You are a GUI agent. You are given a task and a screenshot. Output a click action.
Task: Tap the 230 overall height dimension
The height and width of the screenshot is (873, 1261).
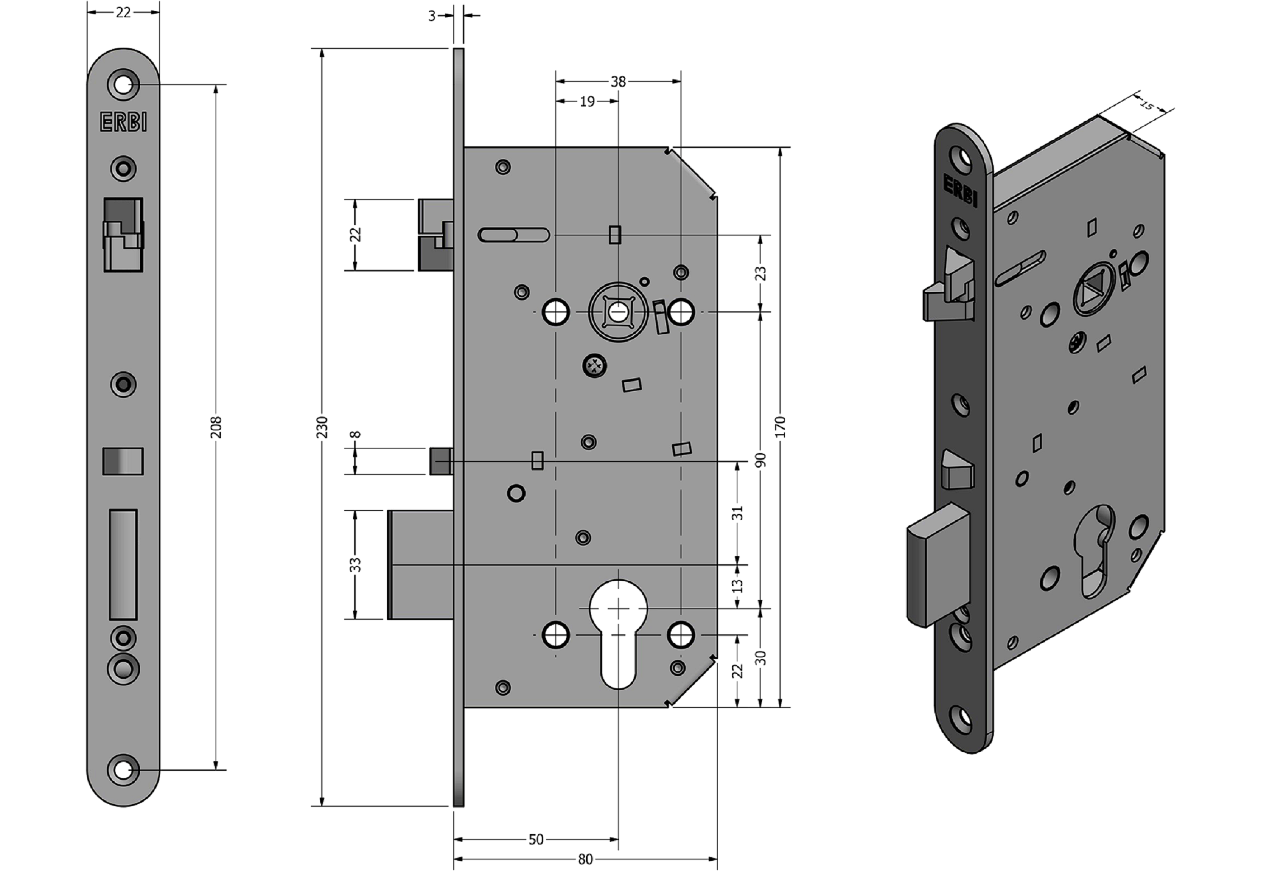pyautogui.click(x=323, y=427)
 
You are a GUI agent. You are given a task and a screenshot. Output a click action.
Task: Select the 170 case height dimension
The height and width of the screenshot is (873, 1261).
pyautogui.click(x=780, y=427)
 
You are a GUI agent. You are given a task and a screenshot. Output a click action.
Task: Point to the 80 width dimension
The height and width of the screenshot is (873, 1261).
pyautogui.click(x=585, y=859)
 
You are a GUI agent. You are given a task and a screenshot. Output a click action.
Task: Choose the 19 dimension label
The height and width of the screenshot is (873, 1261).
pyautogui.click(x=587, y=102)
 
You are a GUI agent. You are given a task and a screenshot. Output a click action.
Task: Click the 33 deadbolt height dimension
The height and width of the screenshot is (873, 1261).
pyautogui.click(x=356, y=565)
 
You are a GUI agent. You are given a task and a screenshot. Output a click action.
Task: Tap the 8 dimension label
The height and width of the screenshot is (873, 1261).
pyautogui.click(x=356, y=435)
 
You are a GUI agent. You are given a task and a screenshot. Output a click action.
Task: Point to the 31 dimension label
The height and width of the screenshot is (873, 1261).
pyautogui.click(x=738, y=513)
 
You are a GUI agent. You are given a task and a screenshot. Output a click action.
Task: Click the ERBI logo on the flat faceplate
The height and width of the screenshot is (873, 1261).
pyautogui.click(x=124, y=122)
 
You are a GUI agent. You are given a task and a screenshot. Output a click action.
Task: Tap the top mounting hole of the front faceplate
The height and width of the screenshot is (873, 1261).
pyautogui.click(x=124, y=85)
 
